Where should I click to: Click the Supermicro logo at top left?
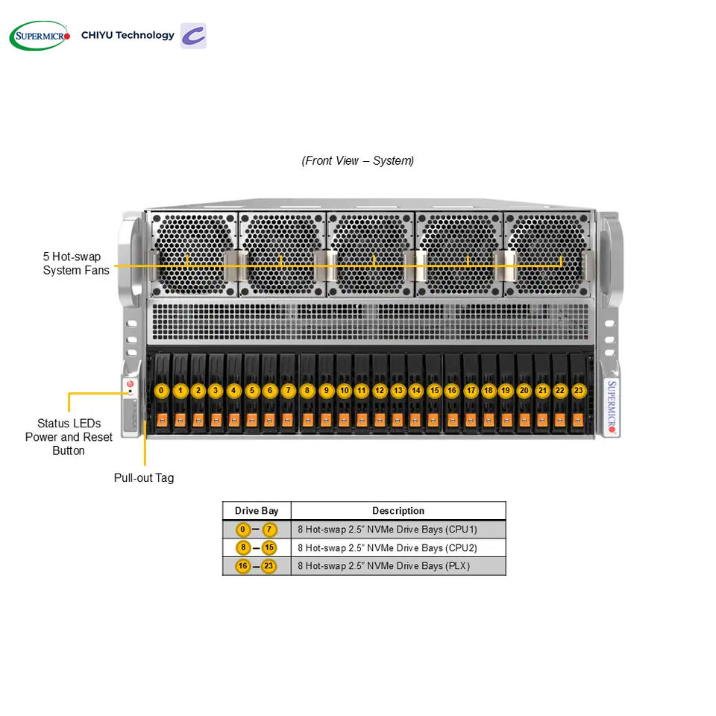pos(40,36)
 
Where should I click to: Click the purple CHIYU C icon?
pos(193,36)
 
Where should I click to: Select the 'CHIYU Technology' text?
pos(128,35)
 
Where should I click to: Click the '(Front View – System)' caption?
pos(357,161)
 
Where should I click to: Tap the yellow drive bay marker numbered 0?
pos(161,390)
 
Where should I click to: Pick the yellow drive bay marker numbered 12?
pos(380,390)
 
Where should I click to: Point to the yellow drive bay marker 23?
pos(579,390)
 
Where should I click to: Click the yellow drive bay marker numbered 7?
pos(288,390)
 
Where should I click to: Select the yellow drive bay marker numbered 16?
pos(452,390)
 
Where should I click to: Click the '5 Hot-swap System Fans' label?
pos(76,263)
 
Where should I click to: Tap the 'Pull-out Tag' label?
pos(144,478)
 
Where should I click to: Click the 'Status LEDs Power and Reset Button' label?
pos(69,437)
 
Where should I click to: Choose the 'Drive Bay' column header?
pos(257,511)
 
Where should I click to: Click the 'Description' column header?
pos(398,511)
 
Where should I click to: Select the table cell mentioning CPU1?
pos(398,530)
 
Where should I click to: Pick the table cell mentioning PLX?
pos(398,566)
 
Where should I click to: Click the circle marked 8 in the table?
pos(243,547)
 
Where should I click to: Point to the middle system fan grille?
pos(371,254)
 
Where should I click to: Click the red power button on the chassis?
pos(130,384)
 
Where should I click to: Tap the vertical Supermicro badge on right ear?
pos(612,407)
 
